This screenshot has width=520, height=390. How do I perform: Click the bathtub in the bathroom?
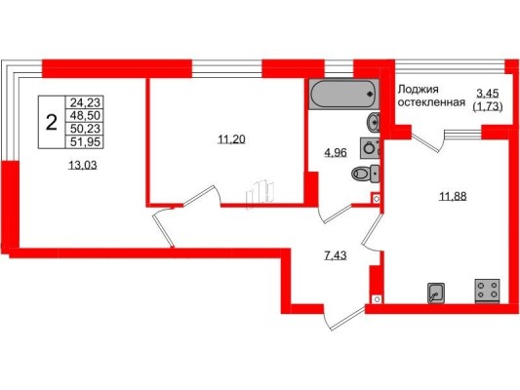tap(343, 94)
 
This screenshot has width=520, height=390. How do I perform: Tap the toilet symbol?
tap(365, 174)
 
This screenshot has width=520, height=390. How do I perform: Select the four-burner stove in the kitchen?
tap(488, 291)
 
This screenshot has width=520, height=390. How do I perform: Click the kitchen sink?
tap(436, 292)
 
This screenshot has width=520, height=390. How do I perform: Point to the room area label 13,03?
tap(83, 165)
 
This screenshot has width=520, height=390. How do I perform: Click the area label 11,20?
tap(231, 139)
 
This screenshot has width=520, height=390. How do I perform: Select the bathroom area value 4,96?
tap(336, 153)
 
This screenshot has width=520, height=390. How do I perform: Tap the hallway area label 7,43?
tap(335, 255)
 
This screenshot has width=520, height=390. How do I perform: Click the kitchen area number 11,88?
tap(453, 196)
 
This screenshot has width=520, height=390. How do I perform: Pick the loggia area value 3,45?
tap(488, 94)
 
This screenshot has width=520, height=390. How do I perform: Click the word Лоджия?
tap(419, 89)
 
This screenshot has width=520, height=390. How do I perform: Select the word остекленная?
tap(431, 102)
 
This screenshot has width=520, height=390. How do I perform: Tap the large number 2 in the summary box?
tap(52, 122)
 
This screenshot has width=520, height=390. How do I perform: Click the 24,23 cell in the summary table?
tap(85, 102)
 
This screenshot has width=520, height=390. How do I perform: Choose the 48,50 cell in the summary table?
tap(85, 116)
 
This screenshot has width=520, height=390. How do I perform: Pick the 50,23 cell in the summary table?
tap(85, 129)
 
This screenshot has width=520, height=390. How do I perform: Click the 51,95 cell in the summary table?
tap(85, 141)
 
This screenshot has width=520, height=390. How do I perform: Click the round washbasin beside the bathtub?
tap(374, 123)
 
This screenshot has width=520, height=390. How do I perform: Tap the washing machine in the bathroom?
tap(370, 148)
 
